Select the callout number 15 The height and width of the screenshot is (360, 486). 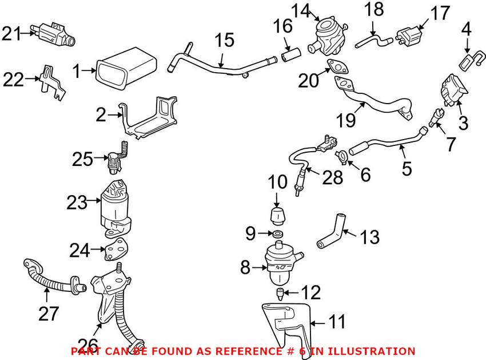[225, 41]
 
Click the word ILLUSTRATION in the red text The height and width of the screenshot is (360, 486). [370, 351]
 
